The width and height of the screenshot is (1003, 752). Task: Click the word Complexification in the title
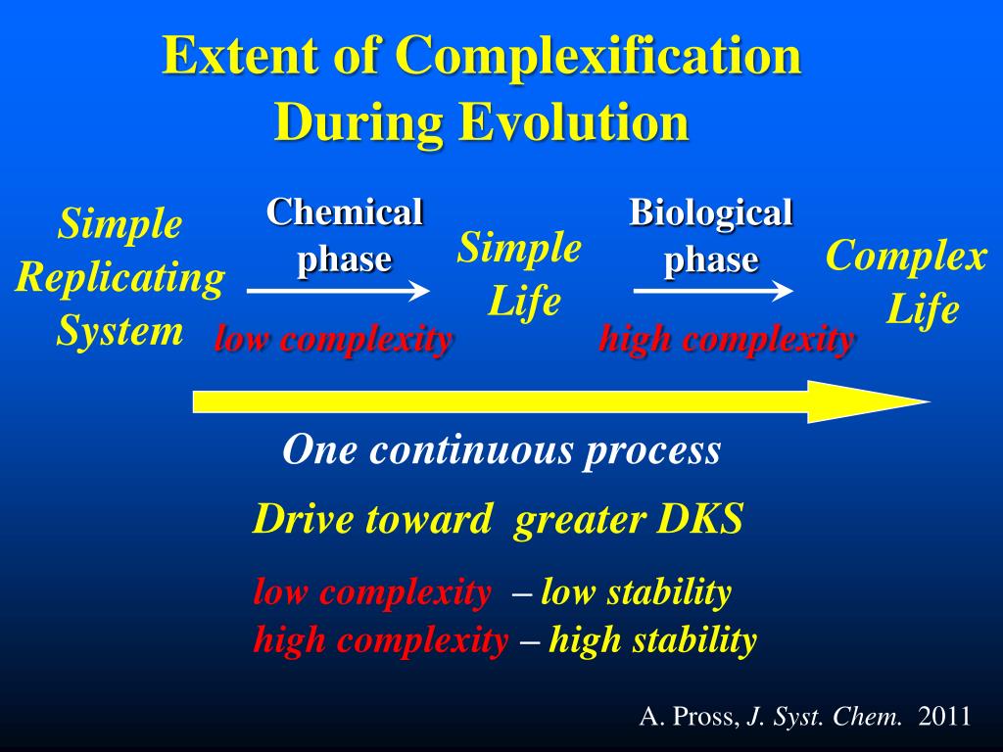tap(599, 57)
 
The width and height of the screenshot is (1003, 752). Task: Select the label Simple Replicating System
tap(119, 278)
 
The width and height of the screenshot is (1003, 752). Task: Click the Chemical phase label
tap(345, 235)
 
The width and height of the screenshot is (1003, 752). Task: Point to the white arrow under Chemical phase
tap(338, 290)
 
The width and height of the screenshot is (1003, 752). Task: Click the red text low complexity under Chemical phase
tap(333, 340)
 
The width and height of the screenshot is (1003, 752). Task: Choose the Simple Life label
tap(520, 274)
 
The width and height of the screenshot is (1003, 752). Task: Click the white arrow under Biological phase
tap(713, 290)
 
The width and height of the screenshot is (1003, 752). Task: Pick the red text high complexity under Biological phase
tap(726, 340)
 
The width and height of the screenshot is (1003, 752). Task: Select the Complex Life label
tap(906, 284)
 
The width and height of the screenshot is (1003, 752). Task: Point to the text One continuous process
tap(501, 450)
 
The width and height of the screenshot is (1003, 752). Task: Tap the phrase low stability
tap(636, 592)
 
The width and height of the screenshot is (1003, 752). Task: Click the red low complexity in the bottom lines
tap(372, 592)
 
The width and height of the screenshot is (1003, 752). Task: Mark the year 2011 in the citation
tap(944, 717)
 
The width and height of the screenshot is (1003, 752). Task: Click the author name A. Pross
tap(690, 717)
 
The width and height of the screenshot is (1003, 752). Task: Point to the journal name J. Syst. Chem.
tap(824, 717)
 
